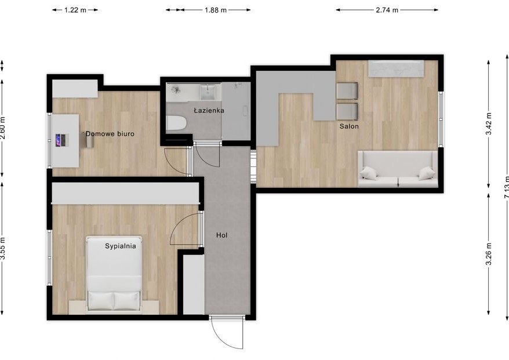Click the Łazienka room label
pos(209,110)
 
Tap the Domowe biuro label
pos(110,134)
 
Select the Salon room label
pos(349,126)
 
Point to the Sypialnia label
pos(121,246)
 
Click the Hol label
pos(221,235)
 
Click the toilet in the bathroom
pos(176,123)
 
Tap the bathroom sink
pos(208,92)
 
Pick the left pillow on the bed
pos(100,300)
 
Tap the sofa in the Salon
pos(397,169)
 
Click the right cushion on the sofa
pos(427,173)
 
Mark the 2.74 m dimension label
pos(387,10)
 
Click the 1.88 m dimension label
pos(216,10)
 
